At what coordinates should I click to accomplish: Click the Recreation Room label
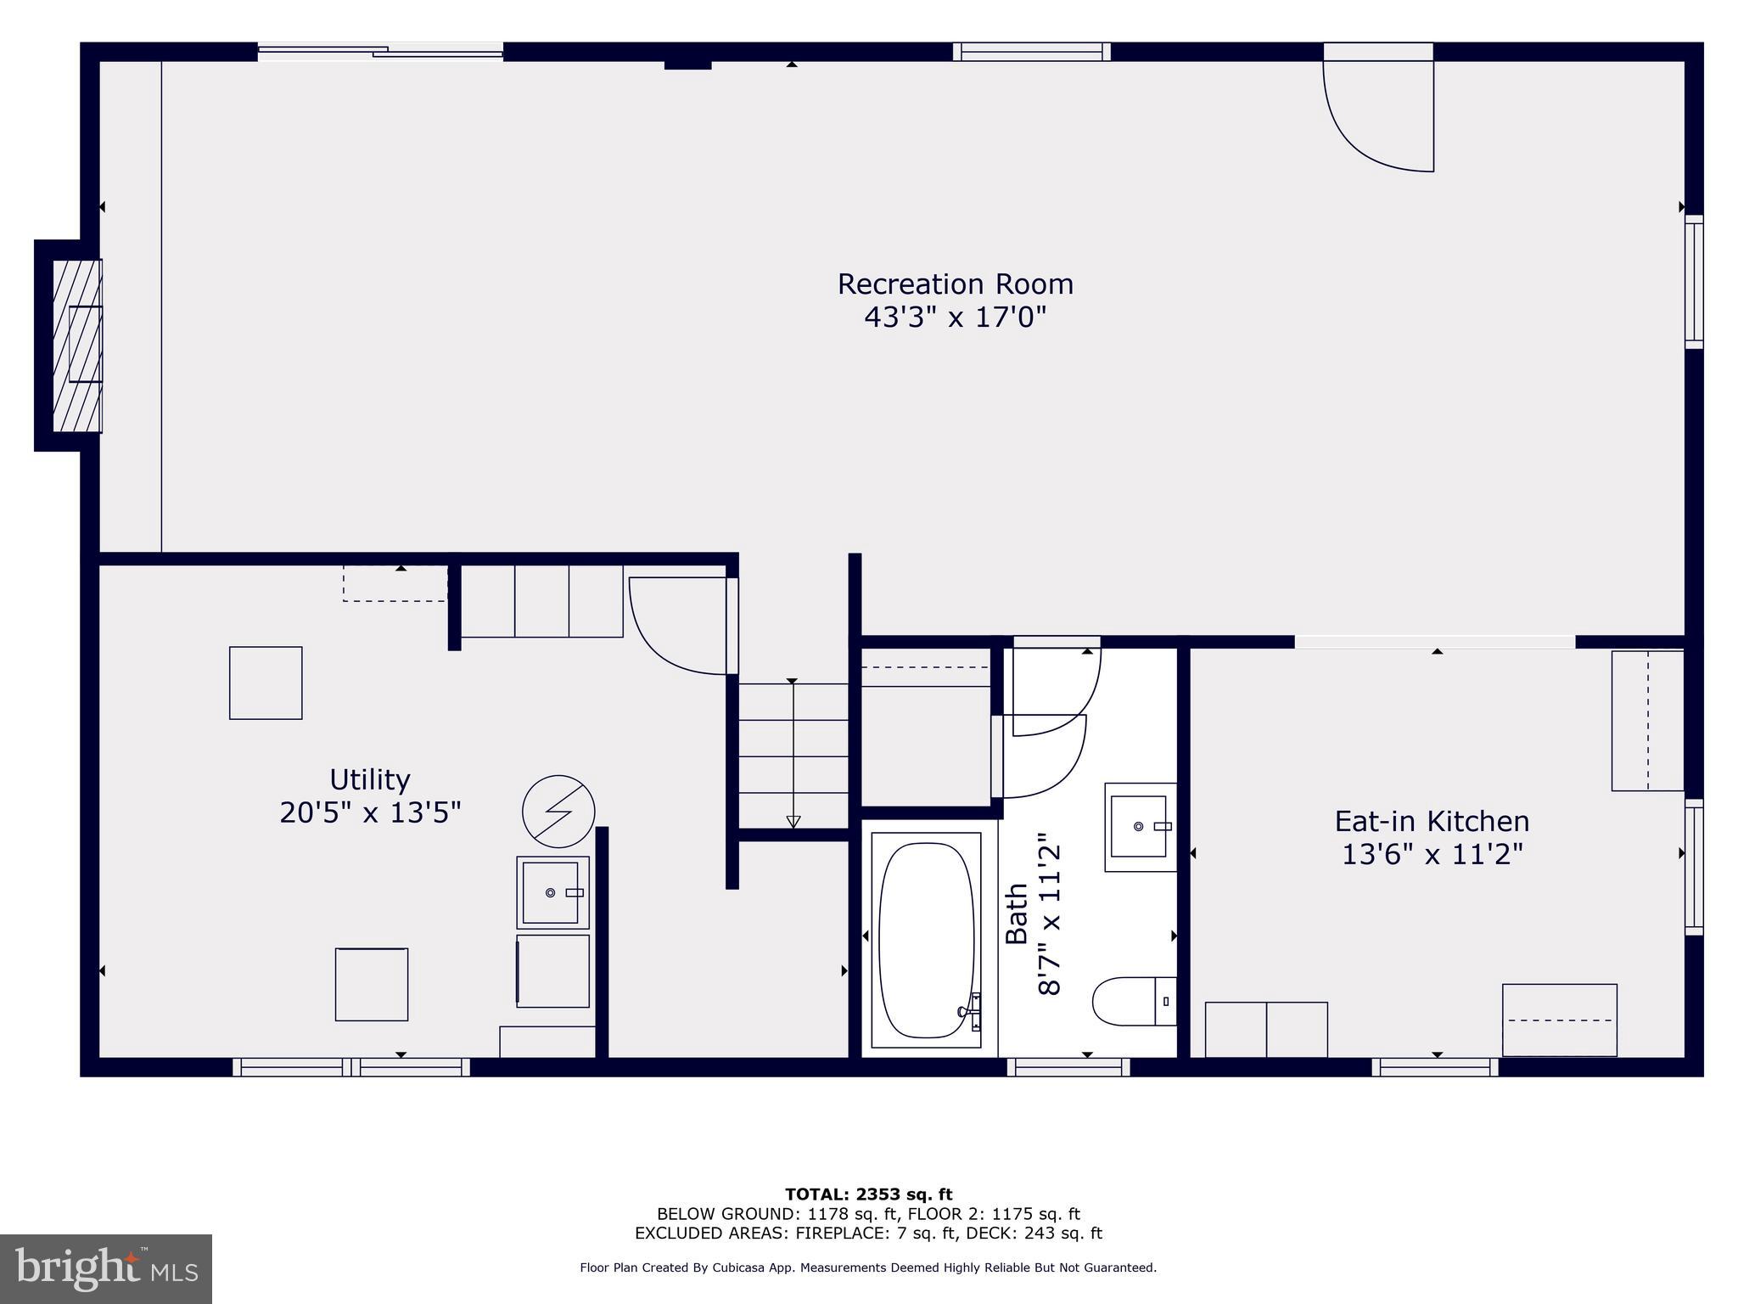(955, 284)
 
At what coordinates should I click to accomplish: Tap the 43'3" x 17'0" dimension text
(955, 318)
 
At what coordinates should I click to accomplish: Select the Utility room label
(369, 779)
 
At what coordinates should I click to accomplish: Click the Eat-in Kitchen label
(1432, 821)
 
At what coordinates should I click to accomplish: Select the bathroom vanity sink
(1140, 826)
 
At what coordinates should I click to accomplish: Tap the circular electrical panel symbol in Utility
(558, 811)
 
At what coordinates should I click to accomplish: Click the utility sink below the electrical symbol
(552, 892)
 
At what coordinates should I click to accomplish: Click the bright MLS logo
(106, 1268)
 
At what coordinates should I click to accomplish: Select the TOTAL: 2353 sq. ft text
(868, 1194)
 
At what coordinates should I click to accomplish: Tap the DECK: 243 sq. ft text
(1044, 1233)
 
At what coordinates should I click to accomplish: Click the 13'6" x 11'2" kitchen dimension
(1432, 854)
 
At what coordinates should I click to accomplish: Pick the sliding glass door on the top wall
(380, 53)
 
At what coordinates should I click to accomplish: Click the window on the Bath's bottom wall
(1068, 1067)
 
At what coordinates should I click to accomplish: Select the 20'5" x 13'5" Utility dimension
(369, 812)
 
